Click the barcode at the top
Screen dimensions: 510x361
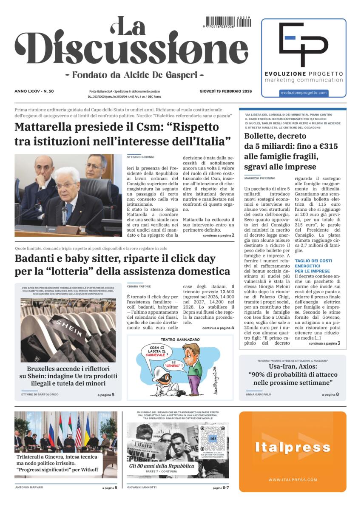coord(228,22)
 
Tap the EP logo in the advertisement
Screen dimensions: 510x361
coord(304,44)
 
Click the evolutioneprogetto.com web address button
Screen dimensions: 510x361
coord(304,93)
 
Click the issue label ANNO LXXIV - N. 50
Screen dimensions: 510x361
coord(37,91)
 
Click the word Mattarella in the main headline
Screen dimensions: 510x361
coord(47,127)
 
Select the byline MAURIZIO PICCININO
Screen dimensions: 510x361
coord(260,178)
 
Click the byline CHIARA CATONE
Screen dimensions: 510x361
coord(139,286)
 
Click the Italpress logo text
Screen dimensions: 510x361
coord(293,447)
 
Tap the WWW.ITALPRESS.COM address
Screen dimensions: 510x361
coord(293,480)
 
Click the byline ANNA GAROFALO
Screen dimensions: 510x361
coord(258,394)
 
